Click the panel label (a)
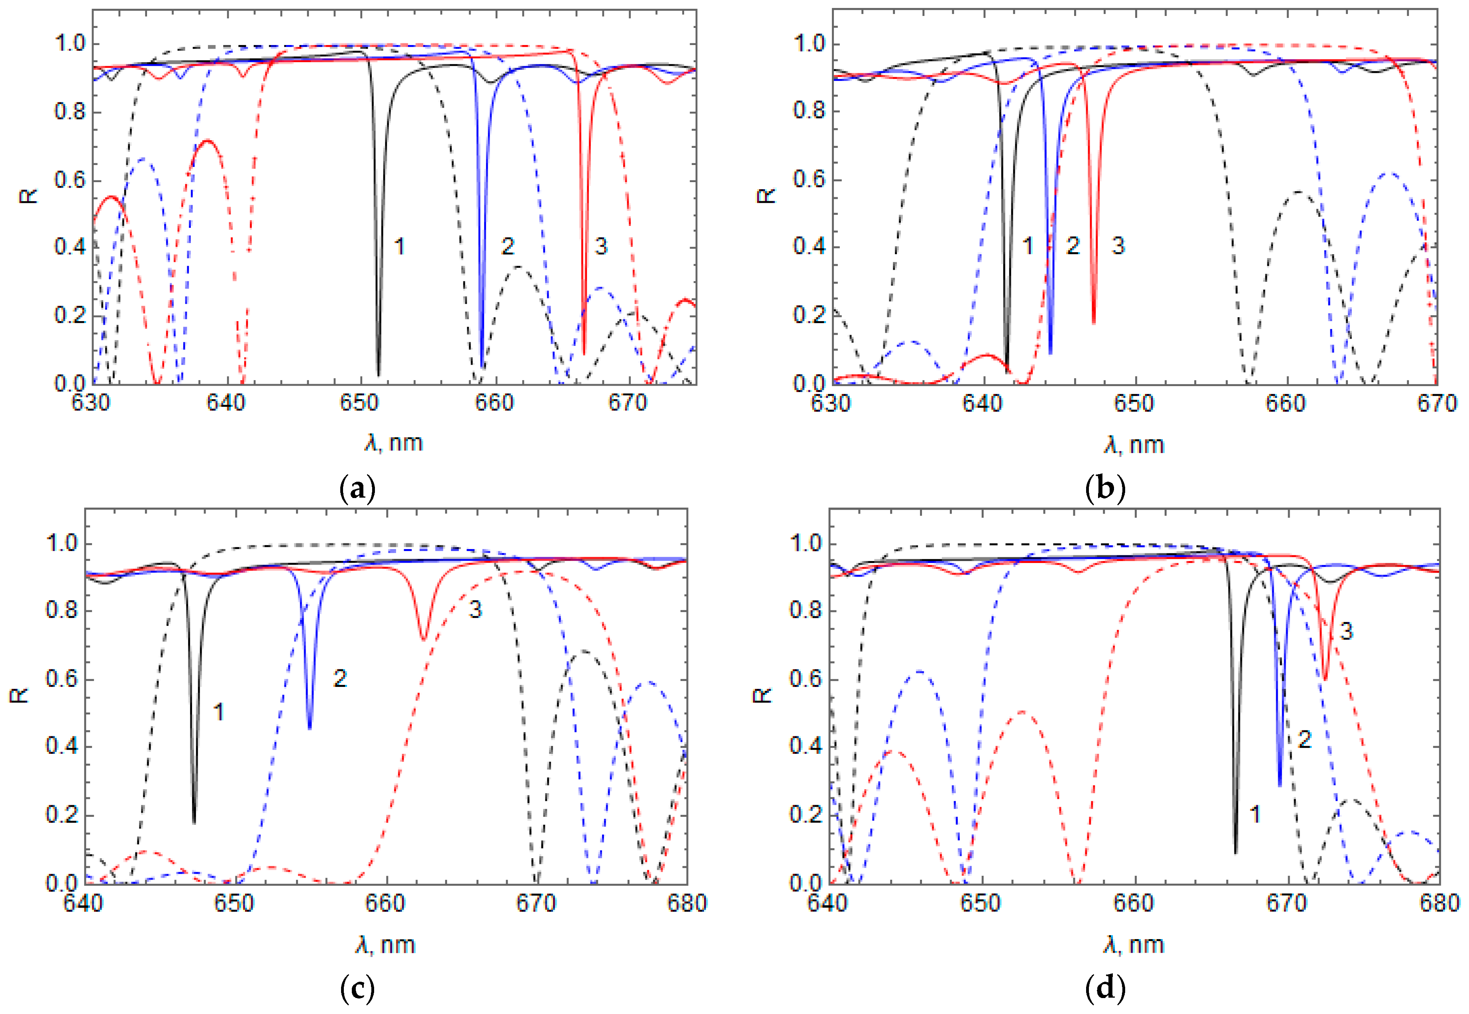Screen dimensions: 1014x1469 358,489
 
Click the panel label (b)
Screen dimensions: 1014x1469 1106,489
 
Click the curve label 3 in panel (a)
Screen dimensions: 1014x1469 600,247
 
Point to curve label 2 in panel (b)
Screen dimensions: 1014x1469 1073,246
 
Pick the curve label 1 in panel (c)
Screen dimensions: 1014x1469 219,712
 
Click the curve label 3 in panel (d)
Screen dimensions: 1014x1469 1346,631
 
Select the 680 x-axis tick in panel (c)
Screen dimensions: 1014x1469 686,903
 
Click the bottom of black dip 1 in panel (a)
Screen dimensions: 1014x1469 379,375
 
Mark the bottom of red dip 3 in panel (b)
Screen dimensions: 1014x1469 1094,323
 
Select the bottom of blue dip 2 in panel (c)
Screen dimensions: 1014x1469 310,728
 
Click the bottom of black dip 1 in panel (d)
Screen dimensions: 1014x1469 1235,853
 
